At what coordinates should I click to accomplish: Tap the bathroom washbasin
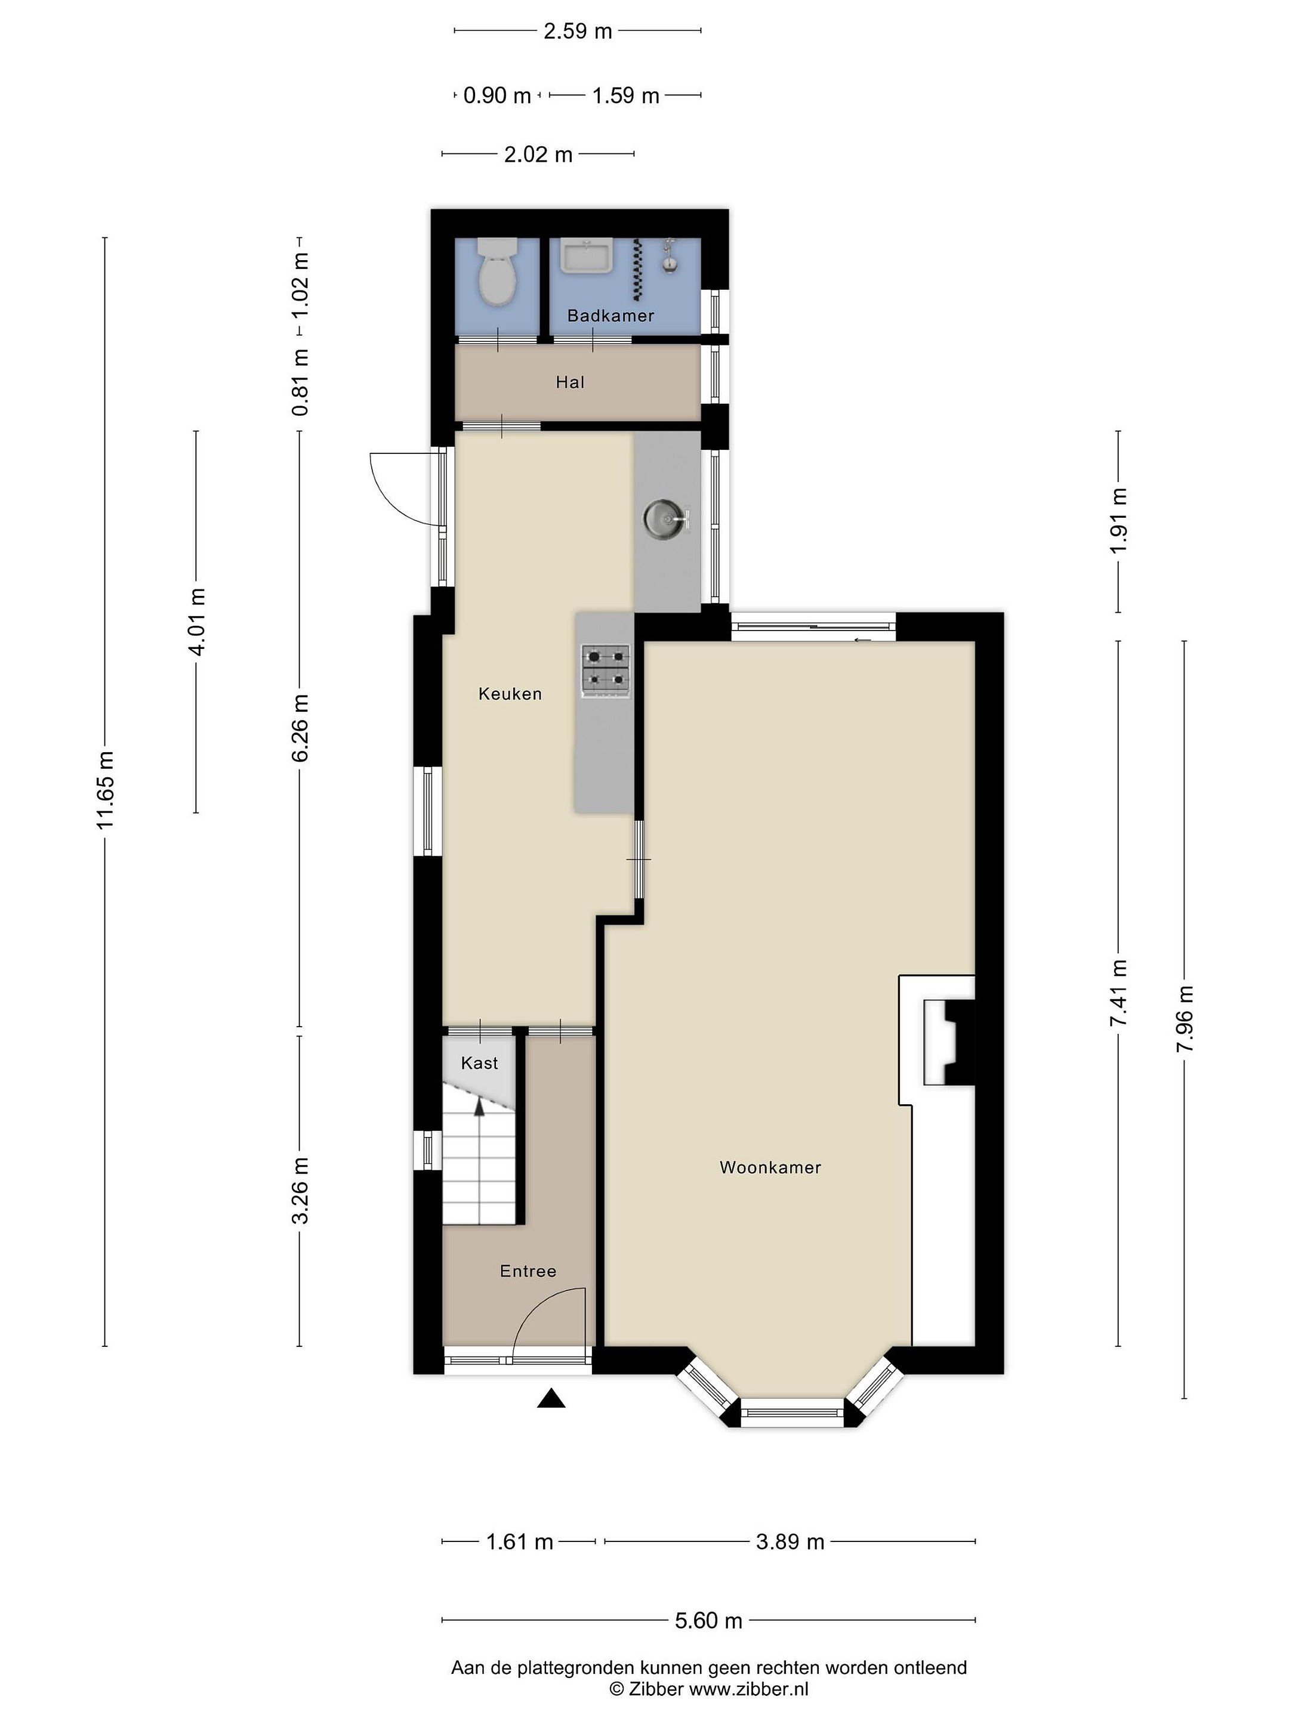coord(587,257)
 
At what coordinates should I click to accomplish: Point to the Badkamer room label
coord(610,316)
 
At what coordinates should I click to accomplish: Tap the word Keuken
coord(510,694)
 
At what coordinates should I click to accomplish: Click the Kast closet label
coord(479,1063)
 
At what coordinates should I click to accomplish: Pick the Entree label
coord(528,1271)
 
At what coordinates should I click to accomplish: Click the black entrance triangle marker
coord(551,1399)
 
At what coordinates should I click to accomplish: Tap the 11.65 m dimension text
coord(105,790)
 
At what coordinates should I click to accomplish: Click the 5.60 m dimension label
coord(708,1620)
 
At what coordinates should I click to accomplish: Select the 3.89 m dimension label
coord(790,1541)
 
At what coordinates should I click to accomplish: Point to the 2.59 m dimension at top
coord(577,31)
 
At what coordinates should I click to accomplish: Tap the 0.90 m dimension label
coord(497,95)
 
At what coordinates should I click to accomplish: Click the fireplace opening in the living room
coord(948,1042)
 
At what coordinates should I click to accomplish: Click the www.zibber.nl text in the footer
coord(749,1689)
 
